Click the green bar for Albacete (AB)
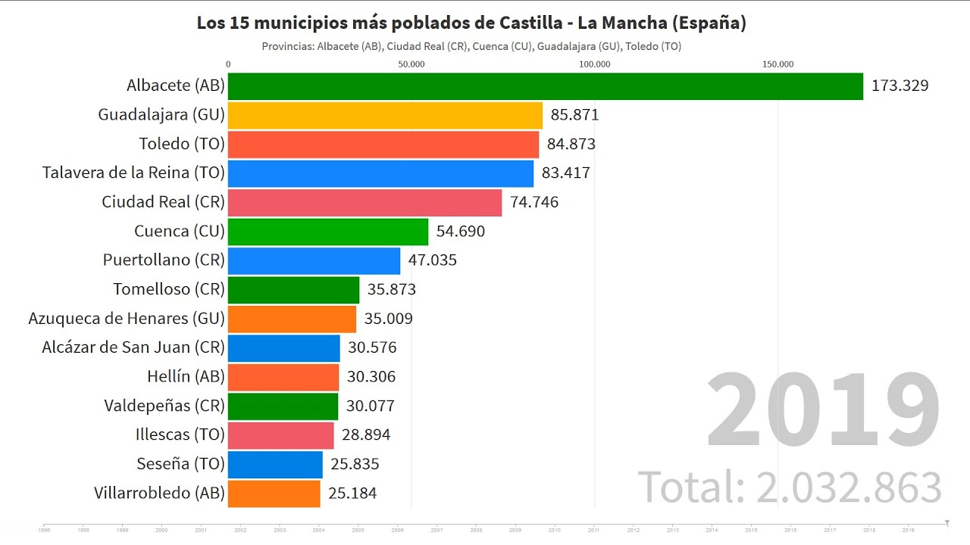(545, 86)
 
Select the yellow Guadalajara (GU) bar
(385, 115)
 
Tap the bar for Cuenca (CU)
(327, 232)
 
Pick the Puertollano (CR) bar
(314, 260)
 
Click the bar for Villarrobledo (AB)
(274, 494)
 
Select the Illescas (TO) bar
(280, 435)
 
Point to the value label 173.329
(900, 86)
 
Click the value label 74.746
(534, 202)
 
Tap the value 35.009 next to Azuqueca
(388, 319)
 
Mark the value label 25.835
(355, 464)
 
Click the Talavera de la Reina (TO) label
(133, 173)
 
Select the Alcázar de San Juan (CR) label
(133, 347)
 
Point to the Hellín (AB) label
(186, 376)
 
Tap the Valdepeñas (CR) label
(164, 406)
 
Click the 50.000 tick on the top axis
(411, 64)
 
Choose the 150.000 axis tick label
(778, 64)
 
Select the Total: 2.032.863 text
(790, 487)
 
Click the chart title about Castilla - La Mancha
(471, 23)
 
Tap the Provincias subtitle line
(471, 46)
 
